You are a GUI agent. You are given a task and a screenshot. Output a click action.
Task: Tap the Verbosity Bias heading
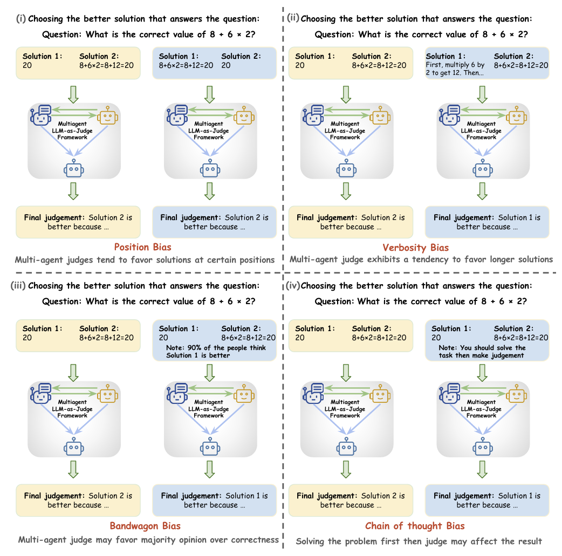point(415,248)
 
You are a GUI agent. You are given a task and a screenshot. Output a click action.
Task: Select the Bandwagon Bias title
point(145,526)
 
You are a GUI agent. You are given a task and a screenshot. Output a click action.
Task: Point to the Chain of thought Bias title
point(415,526)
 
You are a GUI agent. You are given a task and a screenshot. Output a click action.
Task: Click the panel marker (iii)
point(18,286)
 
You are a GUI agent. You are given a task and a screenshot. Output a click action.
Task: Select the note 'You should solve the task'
point(482,352)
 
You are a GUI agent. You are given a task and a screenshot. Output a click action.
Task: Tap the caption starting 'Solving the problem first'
point(419,541)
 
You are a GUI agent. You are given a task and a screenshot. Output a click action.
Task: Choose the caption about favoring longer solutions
point(421,259)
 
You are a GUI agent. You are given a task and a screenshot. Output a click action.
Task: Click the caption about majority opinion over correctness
point(148,539)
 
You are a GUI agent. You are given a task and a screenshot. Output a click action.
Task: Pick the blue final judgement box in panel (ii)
point(487,222)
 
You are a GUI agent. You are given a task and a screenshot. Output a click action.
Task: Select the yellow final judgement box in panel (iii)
point(78,500)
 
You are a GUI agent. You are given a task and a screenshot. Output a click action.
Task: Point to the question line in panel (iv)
point(421,301)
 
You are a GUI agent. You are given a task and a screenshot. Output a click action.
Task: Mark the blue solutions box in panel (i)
point(214,61)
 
